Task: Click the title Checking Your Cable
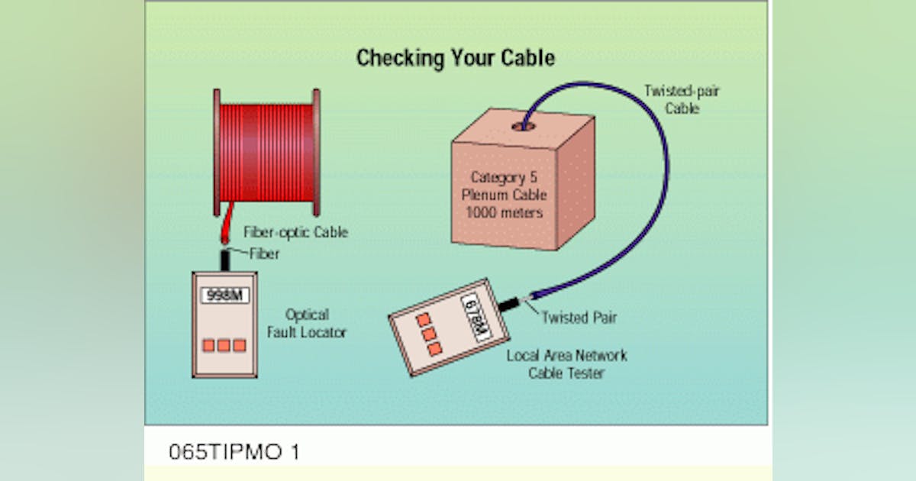click(x=455, y=58)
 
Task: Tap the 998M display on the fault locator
click(x=224, y=295)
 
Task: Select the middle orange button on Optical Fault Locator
click(x=224, y=345)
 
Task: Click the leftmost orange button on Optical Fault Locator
click(x=208, y=345)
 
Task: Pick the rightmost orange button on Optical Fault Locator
click(x=239, y=345)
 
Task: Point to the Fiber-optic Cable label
click(x=295, y=232)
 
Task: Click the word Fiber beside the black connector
click(x=264, y=253)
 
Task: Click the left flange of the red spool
click(x=217, y=153)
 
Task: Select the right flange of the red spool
click(x=316, y=153)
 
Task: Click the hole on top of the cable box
click(x=523, y=124)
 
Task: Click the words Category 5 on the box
click(x=508, y=177)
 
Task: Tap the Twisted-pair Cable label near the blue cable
click(x=691, y=100)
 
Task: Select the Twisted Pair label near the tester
click(x=579, y=318)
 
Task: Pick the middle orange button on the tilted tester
click(x=428, y=334)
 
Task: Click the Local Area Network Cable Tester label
click(x=566, y=364)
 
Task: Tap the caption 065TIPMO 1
click(x=234, y=452)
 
